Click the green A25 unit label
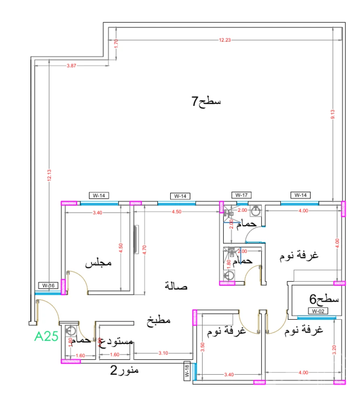pyautogui.click(x=47, y=336)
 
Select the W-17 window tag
pyautogui.click(x=241, y=195)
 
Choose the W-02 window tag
pyautogui.click(x=318, y=311)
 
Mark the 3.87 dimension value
pyautogui.click(x=71, y=65)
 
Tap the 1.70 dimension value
pyautogui.click(x=116, y=43)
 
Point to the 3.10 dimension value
pyautogui.click(x=163, y=353)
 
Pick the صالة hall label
pyautogui.click(x=176, y=286)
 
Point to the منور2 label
pyautogui.click(x=125, y=369)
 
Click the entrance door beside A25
pyautogui.click(x=48, y=311)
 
